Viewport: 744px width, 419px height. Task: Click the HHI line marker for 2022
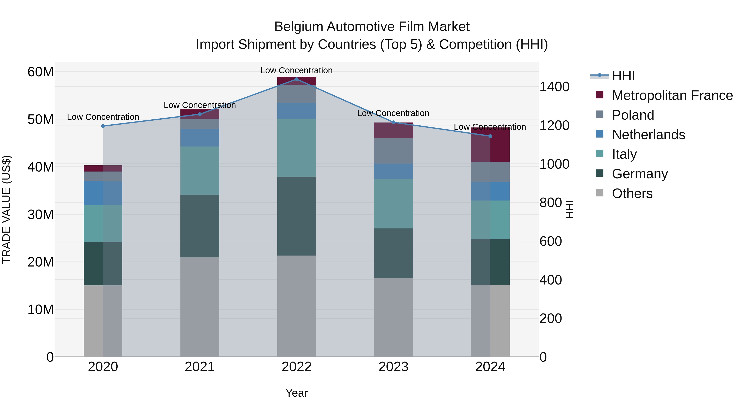click(x=296, y=79)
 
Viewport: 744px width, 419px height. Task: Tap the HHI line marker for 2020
click(x=103, y=126)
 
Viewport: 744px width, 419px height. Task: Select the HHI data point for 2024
click(x=490, y=136)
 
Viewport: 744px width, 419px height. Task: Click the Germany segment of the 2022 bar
click(x=296, y=216)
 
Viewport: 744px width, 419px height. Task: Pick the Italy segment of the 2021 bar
click(x=200, y=171)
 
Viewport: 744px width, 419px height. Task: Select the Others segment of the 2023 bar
click(x=393, y=317)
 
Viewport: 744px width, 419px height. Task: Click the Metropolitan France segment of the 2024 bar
click(x=490, y=145)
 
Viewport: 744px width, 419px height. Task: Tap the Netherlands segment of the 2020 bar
click(x=103, y=193)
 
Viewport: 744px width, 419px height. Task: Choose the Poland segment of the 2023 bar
click(x=393, y=151)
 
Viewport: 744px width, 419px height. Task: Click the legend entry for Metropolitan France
click(x=672, y=95)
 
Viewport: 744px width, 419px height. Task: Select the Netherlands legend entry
click(x=648, y=135)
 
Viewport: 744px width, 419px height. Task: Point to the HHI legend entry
click(x=623, y=76)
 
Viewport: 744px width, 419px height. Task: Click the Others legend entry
click(x=632, y=193)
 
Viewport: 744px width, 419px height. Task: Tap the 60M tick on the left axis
click(x=41, y=72)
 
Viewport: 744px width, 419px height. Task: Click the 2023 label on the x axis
click(x=393, y=367)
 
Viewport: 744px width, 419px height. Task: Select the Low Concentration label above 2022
click(x=296, y=70)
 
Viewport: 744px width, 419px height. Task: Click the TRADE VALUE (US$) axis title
click(x=6, y=209)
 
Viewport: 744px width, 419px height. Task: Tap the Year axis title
click(x=296, y=393)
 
